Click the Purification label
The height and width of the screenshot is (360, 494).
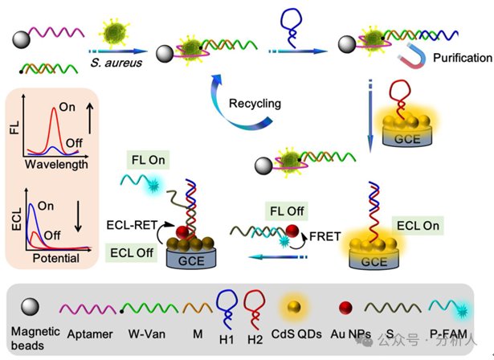click(462, 58)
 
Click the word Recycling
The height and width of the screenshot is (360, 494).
click(255, 104)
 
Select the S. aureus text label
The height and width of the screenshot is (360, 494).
click(116, 63)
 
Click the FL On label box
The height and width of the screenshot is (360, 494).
click(148, 160)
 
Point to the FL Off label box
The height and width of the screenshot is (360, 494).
click(287, 211)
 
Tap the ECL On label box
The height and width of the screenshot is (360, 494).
click(418, 225)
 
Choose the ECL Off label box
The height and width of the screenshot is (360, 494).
click(132, 252)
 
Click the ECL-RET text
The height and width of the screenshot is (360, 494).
click(132, 225)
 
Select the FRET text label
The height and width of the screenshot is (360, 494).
click(325, 236)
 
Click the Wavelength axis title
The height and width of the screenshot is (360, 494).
click(56, 164)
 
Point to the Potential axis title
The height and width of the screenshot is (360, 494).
click(56, 258)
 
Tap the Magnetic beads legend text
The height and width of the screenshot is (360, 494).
click(35, 338)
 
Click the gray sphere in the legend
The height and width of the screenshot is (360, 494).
click(30, 307)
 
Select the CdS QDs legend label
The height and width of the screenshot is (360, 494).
click(296, 334)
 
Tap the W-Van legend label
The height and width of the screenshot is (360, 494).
click(147, 333)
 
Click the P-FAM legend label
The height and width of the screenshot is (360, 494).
click(449, 333)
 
